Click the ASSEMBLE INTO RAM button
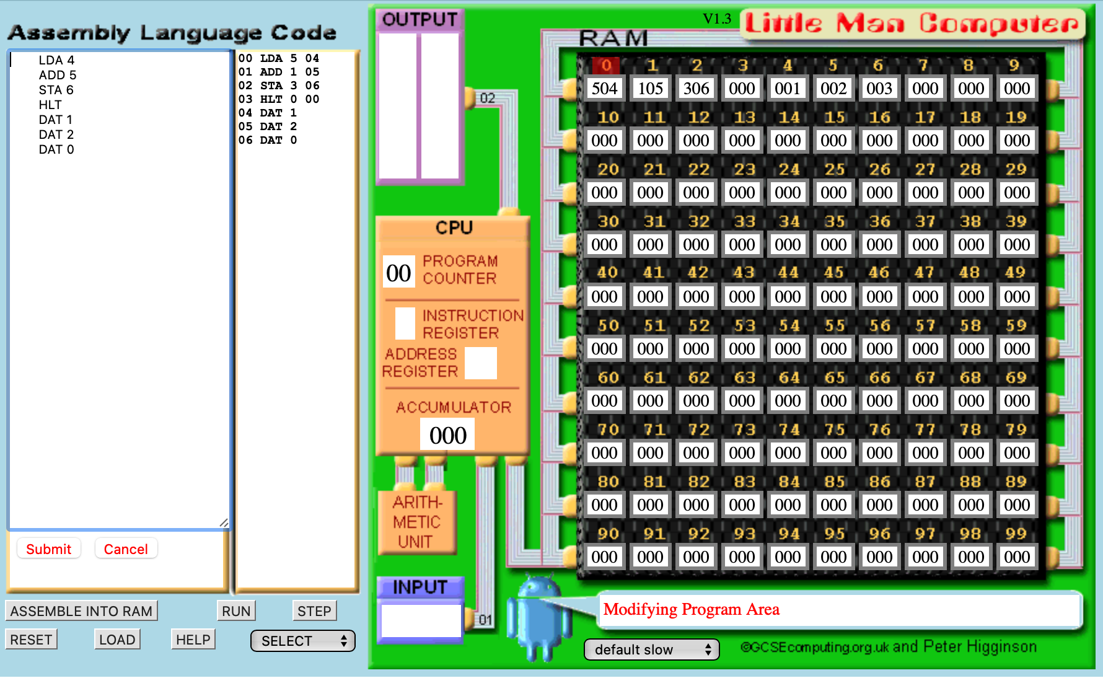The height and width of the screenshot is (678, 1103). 82,611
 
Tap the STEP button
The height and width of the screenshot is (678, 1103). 314,611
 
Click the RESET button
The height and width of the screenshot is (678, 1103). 31,640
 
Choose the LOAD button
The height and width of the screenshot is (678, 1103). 117,640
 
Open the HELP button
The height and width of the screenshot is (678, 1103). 193,640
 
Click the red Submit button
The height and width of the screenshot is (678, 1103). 49,549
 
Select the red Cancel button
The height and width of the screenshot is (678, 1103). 126,549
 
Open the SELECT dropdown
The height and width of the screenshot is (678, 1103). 303,641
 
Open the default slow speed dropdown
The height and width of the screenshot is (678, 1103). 652,649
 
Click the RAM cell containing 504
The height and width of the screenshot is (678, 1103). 604,88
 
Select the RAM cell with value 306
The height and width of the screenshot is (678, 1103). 696,88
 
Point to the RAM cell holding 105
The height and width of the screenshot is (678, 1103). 650,88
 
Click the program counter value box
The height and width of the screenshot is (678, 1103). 398,272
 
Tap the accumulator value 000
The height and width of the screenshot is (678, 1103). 447,434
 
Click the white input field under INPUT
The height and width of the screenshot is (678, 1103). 421,620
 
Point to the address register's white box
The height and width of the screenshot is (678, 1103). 481,363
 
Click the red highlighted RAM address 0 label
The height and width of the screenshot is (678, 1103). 606,65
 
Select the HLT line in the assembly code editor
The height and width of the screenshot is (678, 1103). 50,105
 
